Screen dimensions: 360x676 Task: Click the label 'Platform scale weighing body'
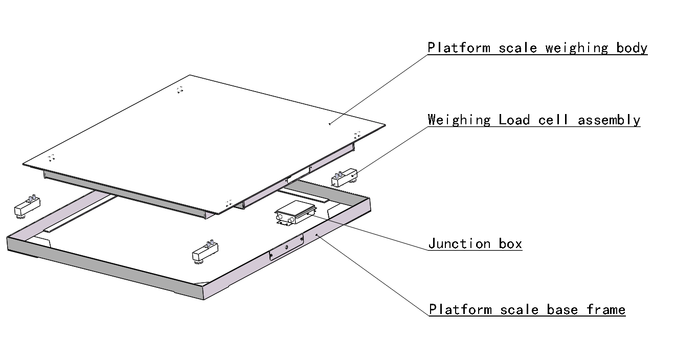click(537, 48)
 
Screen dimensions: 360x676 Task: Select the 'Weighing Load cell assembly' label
click(534, 120)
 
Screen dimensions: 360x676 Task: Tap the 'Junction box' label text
click(475, 243)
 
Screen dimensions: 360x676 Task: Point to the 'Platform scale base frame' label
click(527, 309)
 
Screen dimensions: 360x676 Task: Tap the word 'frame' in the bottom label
click(606, 309)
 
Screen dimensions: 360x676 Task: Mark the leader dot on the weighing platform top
click(330, 123)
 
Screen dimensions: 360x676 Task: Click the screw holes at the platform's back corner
click(179, 90)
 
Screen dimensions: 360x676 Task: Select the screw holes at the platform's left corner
click(51, 157)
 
